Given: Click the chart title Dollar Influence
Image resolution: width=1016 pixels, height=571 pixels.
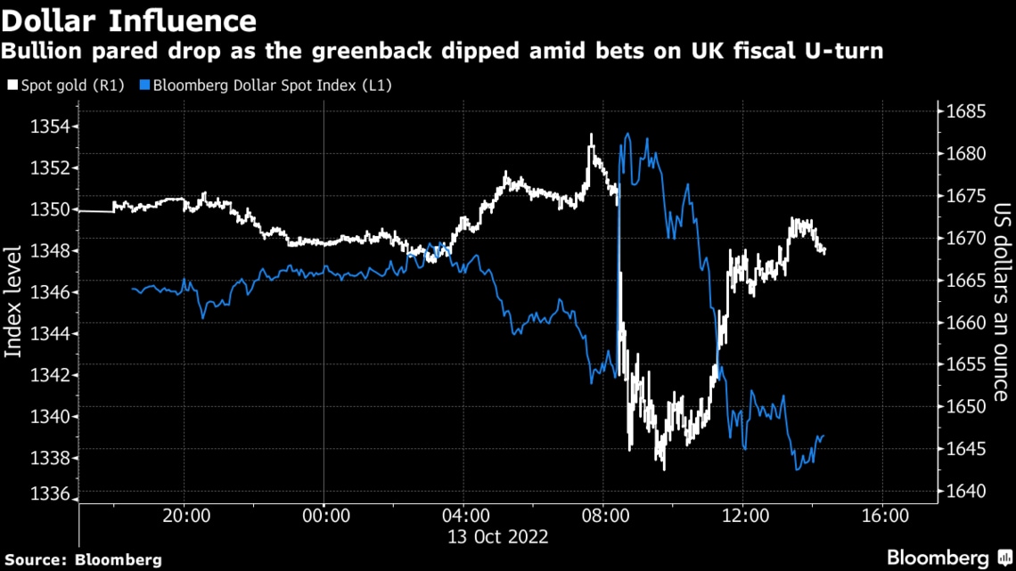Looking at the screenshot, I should tap(129, 20).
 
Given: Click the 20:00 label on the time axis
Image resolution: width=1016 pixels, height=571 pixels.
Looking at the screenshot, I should tap(184, 517).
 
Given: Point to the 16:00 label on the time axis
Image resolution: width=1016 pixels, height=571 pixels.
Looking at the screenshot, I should tap(882, 517).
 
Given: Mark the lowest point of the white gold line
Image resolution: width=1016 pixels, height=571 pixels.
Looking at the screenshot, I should tap(664, 469).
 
